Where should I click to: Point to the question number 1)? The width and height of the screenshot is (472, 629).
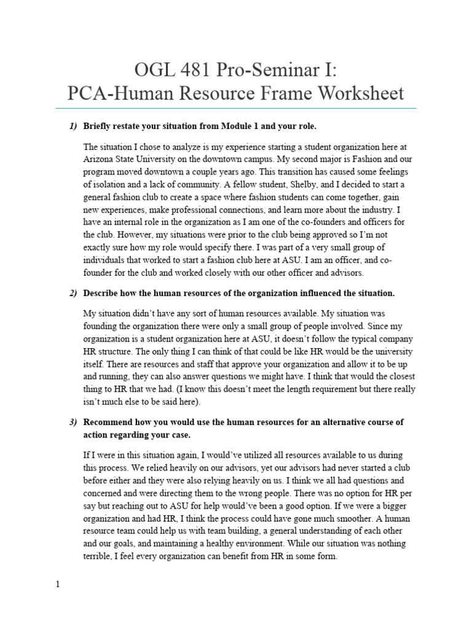tap(73, 126)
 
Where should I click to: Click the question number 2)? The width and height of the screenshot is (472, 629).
tap(73, 293)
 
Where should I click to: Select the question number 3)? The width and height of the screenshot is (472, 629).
tap(73, 423)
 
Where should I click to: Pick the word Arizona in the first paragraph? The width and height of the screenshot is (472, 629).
tap(100, 159)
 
